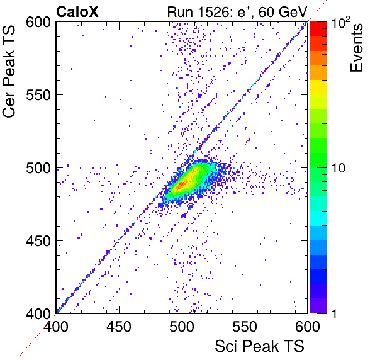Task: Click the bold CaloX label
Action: click(x=77, y=12)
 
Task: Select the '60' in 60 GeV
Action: click(x=267, y=12)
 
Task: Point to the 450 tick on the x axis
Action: click(x=119, y=326)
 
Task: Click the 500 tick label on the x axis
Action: click(x=182, y=326)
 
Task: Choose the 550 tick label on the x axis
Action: click(x=245, y=326)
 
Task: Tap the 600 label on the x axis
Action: click(x=308, y=326)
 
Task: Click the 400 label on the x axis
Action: click(x=56, y=326)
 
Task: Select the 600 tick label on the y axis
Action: click(x=38, y=23)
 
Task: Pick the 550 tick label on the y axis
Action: click(x=38, y=96)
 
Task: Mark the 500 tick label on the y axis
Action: click(x=38, y=169)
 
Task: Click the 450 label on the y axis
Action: click(x=38, y=241)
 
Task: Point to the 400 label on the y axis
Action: click(x=38, y=313)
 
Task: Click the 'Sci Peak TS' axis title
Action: click(x=259, y=346)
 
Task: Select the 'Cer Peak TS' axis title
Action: click(x=9, y=71)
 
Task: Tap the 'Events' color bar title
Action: click(x=357, y=48)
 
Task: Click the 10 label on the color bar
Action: click(x=339, y=168)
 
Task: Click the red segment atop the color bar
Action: click(x=318, y=29)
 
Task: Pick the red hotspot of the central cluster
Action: click(x=182, y=184)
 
